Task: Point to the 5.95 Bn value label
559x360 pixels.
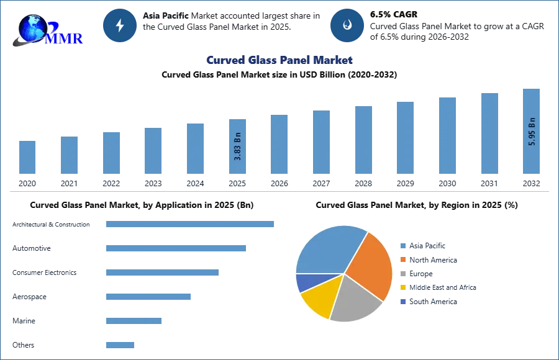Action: pos(532,132)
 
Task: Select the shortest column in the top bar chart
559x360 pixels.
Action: pos(27,156)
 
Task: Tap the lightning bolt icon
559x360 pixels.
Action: pos(120,25)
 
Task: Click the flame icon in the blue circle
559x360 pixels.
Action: pos(347,25)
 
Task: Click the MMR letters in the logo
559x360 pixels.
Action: pos(63,38)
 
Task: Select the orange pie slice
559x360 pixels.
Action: pos(371,264)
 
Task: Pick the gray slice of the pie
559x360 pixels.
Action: pos(355,299)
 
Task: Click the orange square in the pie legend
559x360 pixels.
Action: pos(403,259)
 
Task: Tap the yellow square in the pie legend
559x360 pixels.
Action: pos(403,288)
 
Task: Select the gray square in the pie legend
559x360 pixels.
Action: pos(403,274)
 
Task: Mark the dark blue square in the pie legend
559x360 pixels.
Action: pos(403,302)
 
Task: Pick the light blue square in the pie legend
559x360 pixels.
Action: pos(403,245)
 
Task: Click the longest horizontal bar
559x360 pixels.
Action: pos(191,223)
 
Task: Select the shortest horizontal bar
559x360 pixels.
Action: pos(119,344)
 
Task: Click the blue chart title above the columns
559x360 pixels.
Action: pos(278,60)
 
